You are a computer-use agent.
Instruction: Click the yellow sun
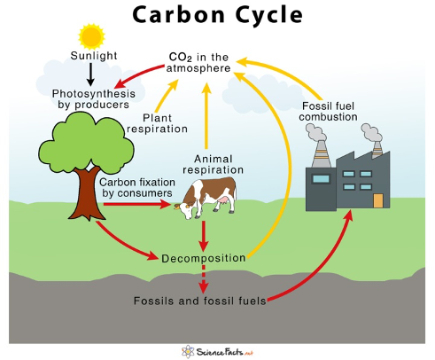pyautogui.click(x=91, y=36)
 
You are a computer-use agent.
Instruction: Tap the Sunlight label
pyautogui.click(x=94, y=56)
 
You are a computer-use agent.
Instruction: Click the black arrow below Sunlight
pyautogui.click(x=91, y=74)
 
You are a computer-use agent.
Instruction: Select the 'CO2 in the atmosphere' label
pyautogui.click(x=198, y=62)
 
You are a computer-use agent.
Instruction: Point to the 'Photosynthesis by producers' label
pyautogui.click(x=94, y=99)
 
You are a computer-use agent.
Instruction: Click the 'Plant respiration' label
pyautogui.click(x=157, y=123)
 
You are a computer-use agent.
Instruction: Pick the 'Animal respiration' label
pyautogui.click(x=213, y=164)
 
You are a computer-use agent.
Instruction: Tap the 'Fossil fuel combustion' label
pyautogui.click(x=328, y=111)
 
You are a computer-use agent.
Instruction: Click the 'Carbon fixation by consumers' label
pyautogui.click(x=137, y=187)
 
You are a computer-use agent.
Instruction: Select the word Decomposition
pyautogui.click(x=204, y=258)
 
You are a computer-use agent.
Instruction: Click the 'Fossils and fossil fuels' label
pyautogui.click(x=200, y=301)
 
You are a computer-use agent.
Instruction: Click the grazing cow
pyautogui.click(x=206, y=198)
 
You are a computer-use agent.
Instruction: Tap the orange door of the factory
pyautogui.click(x=378, y=200)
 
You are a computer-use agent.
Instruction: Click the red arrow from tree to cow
pyautogui.click(x=137, y=204)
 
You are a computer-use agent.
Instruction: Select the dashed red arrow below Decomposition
pyautogui.click(x=204, y=278)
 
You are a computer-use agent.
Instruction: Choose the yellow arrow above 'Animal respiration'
pyautogui.click(x=206, y=116)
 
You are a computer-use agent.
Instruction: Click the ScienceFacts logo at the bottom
pyautogui.click(x=218, y=352)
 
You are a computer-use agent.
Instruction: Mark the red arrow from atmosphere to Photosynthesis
pyautogui.click(x=138, y=74)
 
